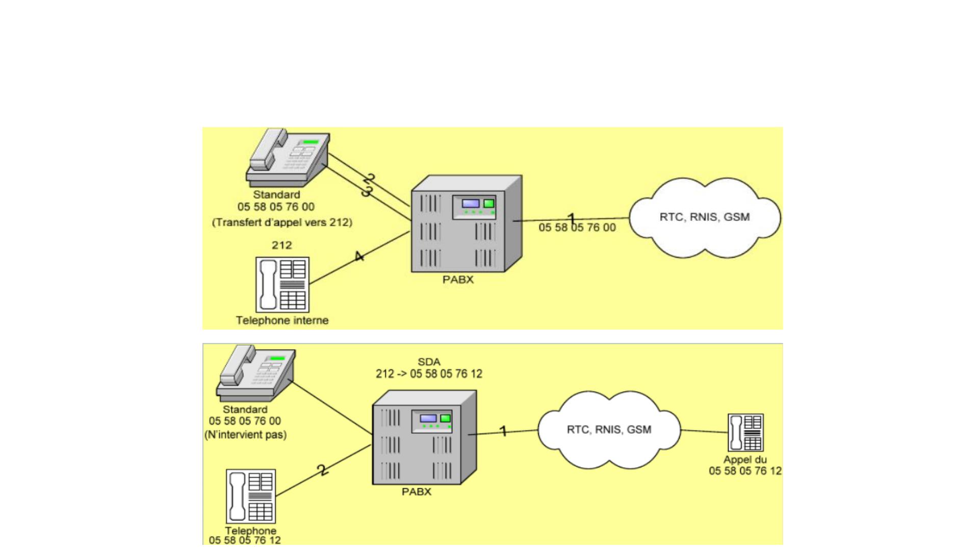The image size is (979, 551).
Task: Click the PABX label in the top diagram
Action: click(458, 280)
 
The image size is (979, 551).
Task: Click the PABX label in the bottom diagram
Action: click(417, 492)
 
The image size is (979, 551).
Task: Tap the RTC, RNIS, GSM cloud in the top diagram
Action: click(705, 217)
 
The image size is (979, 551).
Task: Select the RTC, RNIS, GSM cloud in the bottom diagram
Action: click(609, 430)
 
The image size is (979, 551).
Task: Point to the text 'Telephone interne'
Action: click(282, 320)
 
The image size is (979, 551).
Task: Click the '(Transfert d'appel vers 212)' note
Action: click(282, 222)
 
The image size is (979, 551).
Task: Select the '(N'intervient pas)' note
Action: click(245, 435)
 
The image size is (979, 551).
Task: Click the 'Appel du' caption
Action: click(745, 459)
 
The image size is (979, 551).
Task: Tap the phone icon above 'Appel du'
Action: click(745, 433)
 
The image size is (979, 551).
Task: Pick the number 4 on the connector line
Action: click(359, 256)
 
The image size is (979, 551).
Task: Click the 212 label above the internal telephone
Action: click(282, 245)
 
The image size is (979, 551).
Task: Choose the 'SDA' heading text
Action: click(429, 362)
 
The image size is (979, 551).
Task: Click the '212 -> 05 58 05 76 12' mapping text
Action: click(429, 374)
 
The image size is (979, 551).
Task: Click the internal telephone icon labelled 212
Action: click(282, 285)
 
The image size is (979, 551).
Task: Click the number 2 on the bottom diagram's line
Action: click(323, 469)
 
